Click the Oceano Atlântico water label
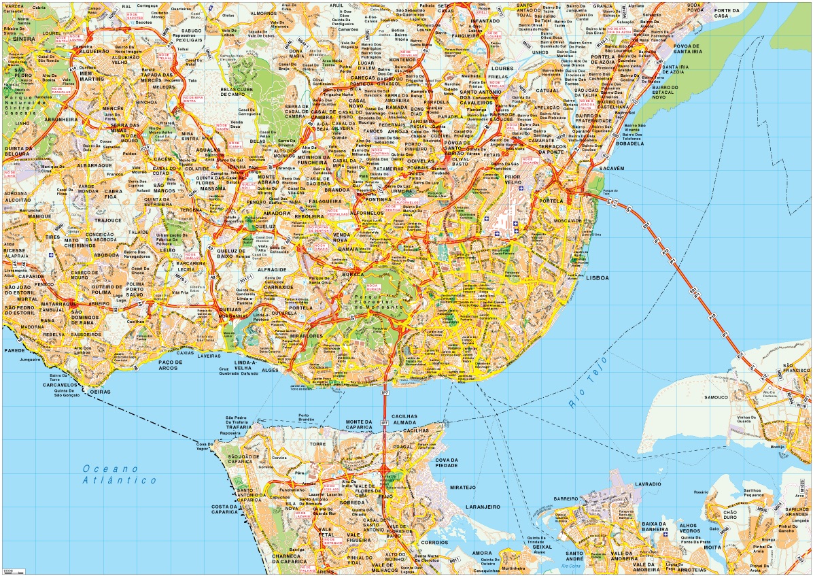(x=119, y=474)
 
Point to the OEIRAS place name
(x=100, y=391)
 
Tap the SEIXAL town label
(x=542, y=547)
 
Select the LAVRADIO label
(x=648, y=484)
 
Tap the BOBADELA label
(x=629, y=143)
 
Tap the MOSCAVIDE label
(x=568, y=221)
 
